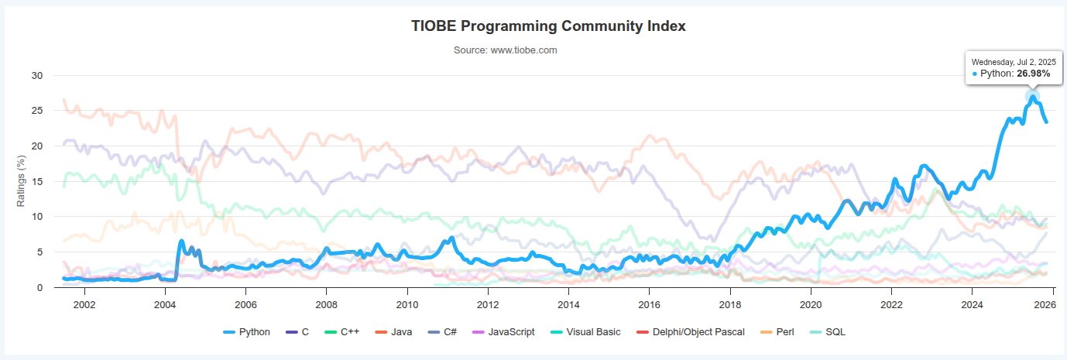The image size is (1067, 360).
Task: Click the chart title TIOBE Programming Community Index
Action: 548,26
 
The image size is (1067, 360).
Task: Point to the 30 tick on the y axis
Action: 37,76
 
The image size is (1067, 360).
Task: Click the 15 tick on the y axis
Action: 37,181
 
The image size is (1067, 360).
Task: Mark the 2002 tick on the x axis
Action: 84,303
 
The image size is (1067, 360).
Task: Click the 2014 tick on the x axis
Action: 568,303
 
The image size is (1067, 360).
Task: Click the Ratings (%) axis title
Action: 22,180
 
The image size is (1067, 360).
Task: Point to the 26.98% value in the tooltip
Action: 1034,74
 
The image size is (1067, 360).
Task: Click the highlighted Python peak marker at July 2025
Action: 1032,97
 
